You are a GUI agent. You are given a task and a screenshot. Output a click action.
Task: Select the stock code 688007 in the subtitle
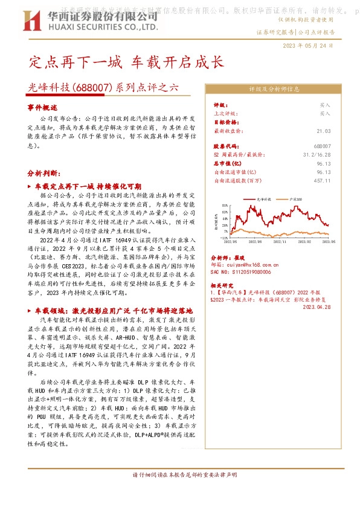coord(92,86)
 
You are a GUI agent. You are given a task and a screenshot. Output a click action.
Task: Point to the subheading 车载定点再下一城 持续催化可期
coord(88,186)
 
